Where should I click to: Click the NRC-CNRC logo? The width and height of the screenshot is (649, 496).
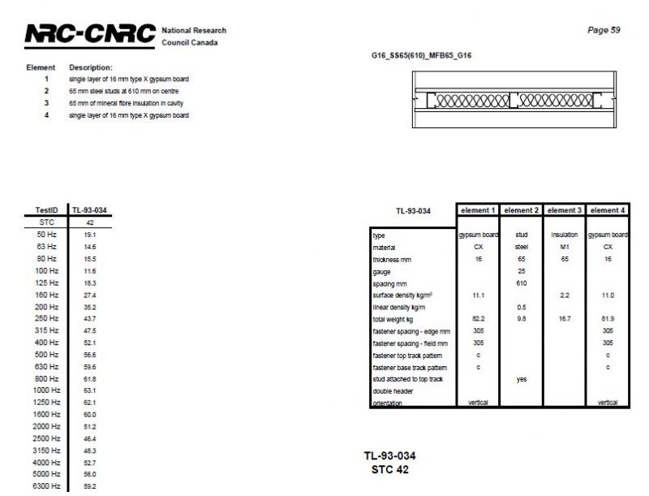tap(89, 34)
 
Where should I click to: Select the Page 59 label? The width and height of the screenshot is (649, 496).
tap(604, 30)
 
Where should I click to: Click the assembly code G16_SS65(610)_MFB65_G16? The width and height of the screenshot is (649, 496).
tap(420, 56)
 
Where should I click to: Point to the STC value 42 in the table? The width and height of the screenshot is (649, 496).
tap(89, 222)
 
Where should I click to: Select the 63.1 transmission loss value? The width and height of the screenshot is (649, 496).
tap(89, 390)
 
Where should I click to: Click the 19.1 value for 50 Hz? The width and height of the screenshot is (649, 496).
tap(89, 234)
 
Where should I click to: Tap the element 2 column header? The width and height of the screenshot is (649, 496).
tap(521, 210)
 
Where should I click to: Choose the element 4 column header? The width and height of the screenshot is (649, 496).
tap(608, 210)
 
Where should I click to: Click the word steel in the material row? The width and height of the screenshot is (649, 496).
tap(521, 247)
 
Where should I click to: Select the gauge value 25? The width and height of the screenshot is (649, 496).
tap(521, 271)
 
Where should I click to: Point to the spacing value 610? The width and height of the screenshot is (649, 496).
tap(521, 283)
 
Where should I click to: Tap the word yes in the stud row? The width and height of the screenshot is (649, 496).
tap(521, 379)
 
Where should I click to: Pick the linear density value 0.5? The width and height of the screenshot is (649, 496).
tap(521, 307)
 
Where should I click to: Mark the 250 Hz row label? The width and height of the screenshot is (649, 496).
tap(46, 318)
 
